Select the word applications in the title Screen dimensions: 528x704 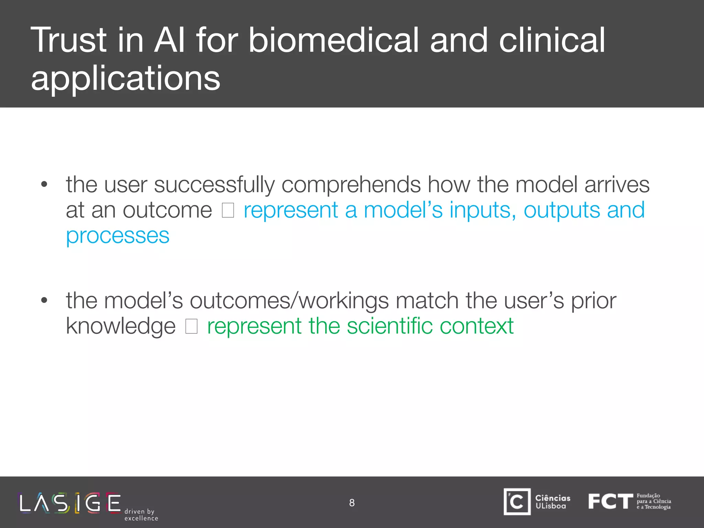(x=125, y=79)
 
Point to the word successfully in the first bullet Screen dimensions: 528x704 (x=214, y=185)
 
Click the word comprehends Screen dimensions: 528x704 (x=351, y=185)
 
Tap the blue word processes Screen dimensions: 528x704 (x=118, y=236)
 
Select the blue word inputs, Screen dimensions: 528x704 (x=483, y=210)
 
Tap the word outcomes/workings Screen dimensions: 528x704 (x=289, y=301)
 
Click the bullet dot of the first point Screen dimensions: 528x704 (x=44, y=185)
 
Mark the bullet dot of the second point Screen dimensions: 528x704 (x=44, y=300)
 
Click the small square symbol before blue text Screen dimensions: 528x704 (x=228, y=210)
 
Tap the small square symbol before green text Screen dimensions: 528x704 (x=191, y=326)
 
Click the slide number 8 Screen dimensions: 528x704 (x=352, y=503)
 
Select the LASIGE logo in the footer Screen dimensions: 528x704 (x=70, y=503)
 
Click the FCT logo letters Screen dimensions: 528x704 (x=610, y=502)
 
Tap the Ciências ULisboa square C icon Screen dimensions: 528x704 (x=517, y=502)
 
